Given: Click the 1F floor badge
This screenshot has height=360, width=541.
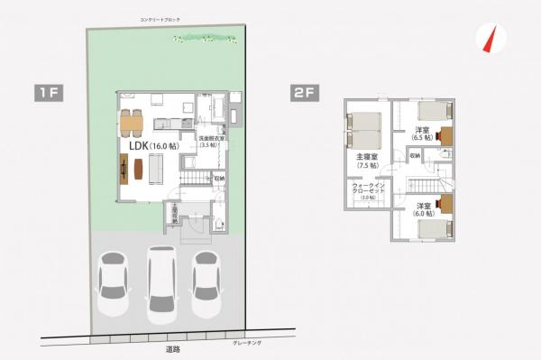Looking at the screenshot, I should (48, 92).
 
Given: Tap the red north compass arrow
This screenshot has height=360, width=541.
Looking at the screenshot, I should (492, 40).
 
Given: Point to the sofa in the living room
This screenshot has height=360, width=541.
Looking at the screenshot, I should (154, 167).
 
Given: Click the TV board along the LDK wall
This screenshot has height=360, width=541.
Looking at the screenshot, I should (122, 168).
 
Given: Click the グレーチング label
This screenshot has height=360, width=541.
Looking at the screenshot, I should (246, 343).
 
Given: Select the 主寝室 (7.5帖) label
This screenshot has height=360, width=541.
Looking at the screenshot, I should (367, 161).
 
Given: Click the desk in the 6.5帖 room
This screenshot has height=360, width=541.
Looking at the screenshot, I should (445, 136).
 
